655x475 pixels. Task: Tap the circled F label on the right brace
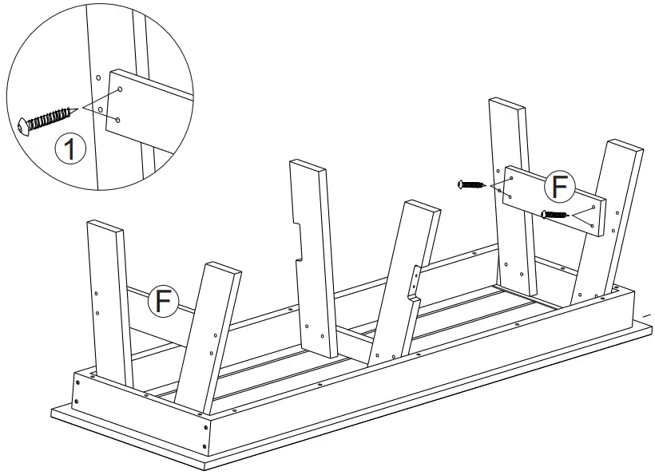[x=558, y=188]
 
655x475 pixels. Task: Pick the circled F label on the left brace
[x=164, y=301]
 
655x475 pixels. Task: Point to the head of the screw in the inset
[x=24, y=126]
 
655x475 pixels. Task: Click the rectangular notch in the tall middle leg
[x=300, y=242]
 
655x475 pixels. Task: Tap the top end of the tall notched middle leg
[x=308, y=166]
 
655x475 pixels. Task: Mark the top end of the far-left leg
[x=105, y=225]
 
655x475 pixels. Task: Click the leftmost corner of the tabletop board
[x=52, y=412]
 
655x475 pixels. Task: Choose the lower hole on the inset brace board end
[x=117, y=119]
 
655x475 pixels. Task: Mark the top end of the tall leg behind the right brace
[x=507, y=105]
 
